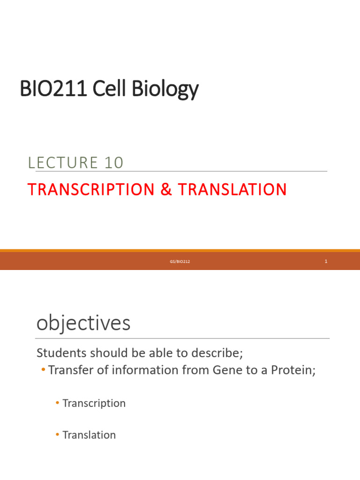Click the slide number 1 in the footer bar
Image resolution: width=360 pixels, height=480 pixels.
coord(326,261)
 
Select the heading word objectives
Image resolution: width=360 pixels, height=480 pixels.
coord(83,323)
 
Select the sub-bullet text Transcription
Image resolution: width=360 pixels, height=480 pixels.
coord(94,403)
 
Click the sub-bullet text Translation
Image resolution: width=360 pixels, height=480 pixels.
coord(89,435)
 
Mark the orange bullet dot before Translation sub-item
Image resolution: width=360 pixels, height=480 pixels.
coord(57,435)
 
